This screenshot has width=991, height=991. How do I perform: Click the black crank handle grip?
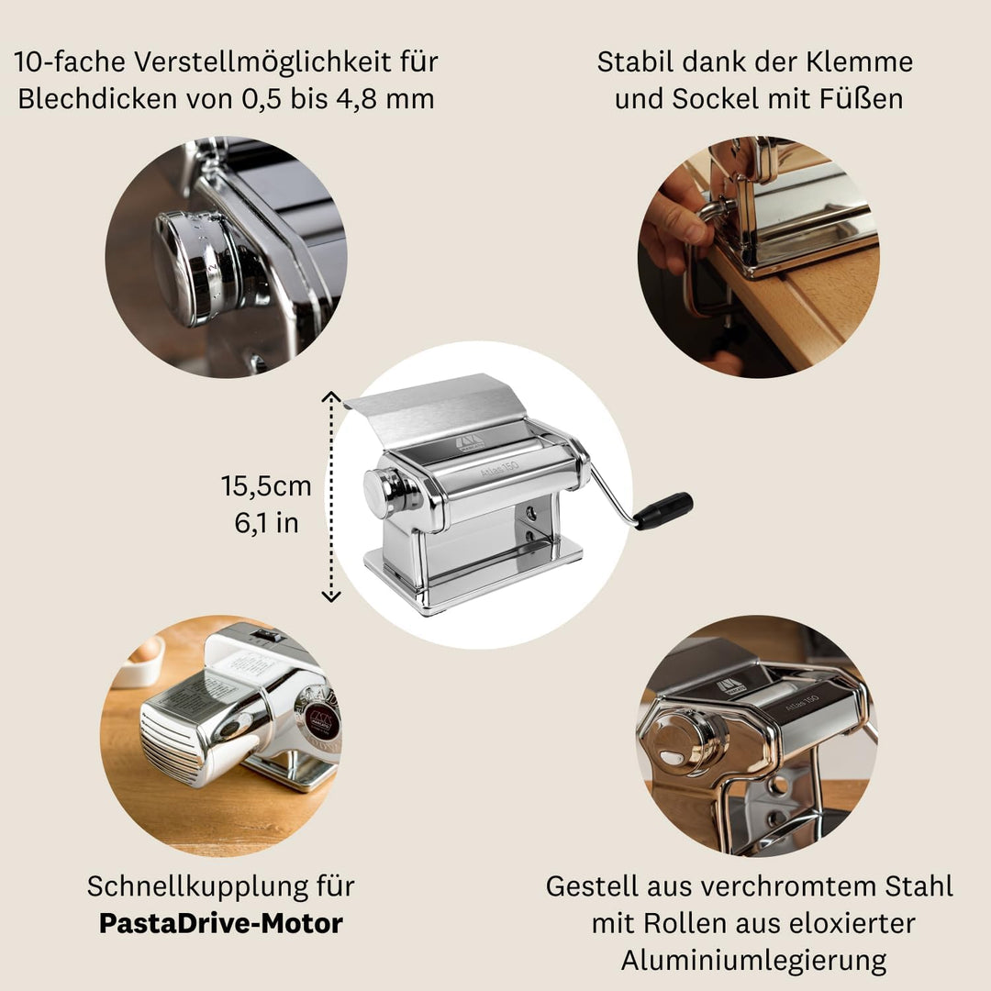[663, 511]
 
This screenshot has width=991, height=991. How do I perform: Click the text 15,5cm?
[265, 485]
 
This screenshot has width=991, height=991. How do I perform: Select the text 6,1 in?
[265, 523]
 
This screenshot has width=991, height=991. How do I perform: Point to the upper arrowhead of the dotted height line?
[331, 395]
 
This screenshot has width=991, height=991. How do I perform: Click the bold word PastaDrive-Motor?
[220, 922]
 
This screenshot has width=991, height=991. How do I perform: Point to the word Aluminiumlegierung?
[753, 960]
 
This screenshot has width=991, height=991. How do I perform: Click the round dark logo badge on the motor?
[321, 721]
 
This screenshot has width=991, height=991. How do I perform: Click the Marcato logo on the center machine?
[469, 445]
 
